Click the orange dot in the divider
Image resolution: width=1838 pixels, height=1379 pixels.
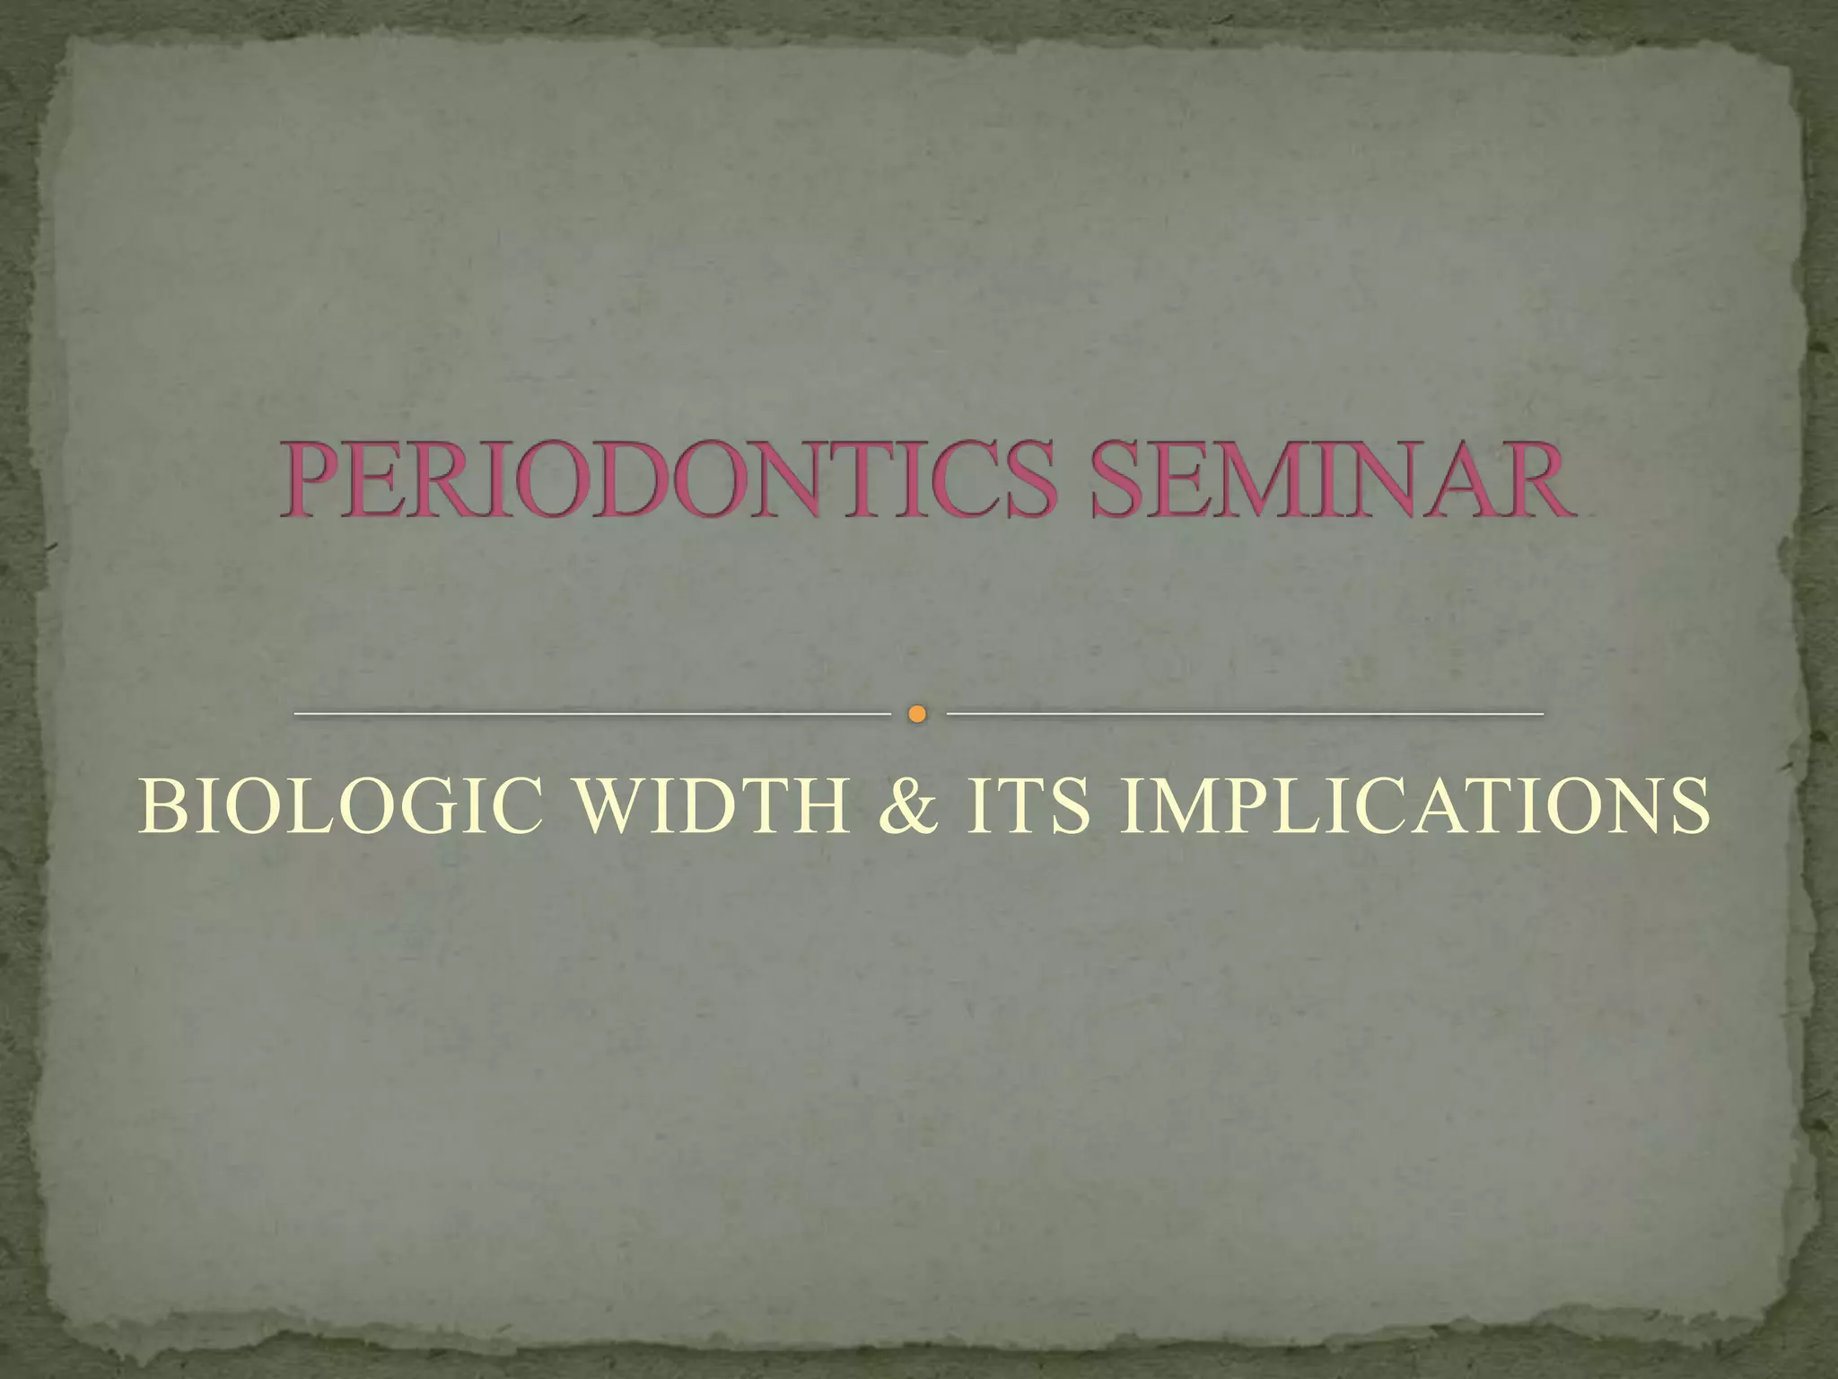(x=916, y=715)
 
